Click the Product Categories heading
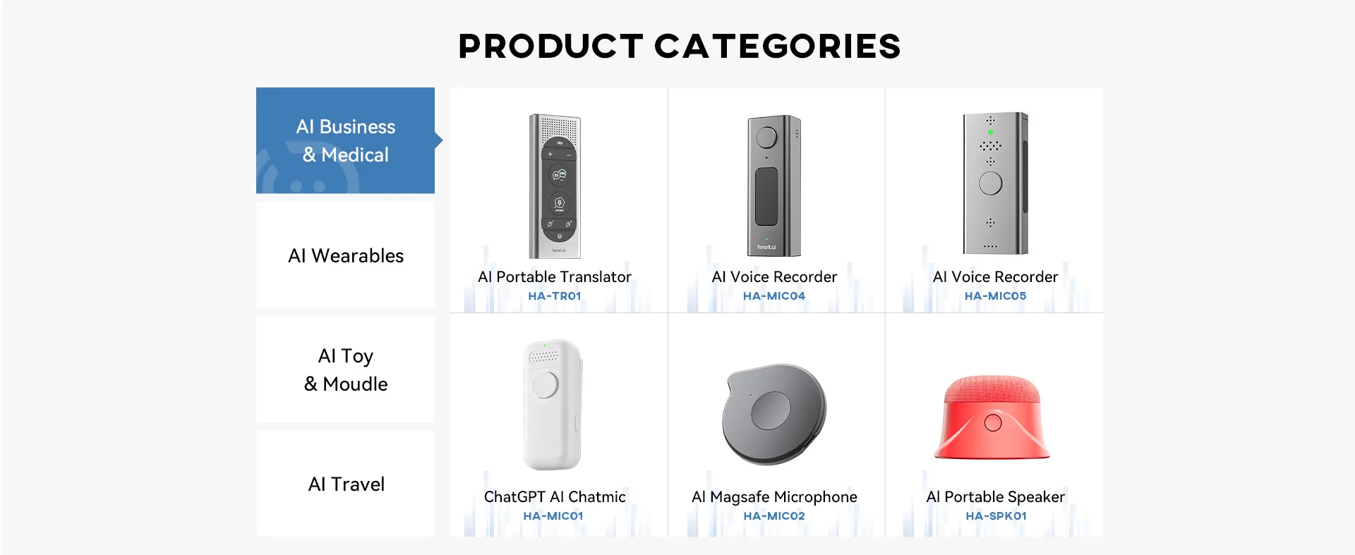tap(679, 47)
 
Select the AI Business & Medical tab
tap(345, 140)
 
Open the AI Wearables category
tap(345, 255)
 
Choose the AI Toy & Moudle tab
tap(345, 370)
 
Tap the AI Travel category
tap(345, 484)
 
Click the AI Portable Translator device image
tap(555, 186)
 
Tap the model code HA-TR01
tap(555, 296)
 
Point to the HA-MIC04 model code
tap(774, 296)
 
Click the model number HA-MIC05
tap(995, 296)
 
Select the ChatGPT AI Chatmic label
tap(555, 496)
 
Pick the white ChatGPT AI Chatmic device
tap(553, 405)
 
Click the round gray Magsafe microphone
tap(774, 414)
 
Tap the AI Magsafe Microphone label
tap(774, 496)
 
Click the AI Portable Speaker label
tap(995, 496)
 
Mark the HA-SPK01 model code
tap(996, 516)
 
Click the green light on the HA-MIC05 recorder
tap(991, 132)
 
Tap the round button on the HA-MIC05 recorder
tap(991, 183)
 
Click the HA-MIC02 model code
tap(774, 516)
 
